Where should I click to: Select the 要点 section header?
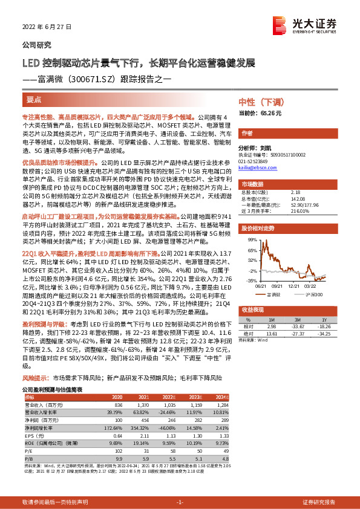click(x=34, y=99)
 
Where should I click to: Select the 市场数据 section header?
click(x=252, y=184)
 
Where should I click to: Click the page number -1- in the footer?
click(x=179, y=502)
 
